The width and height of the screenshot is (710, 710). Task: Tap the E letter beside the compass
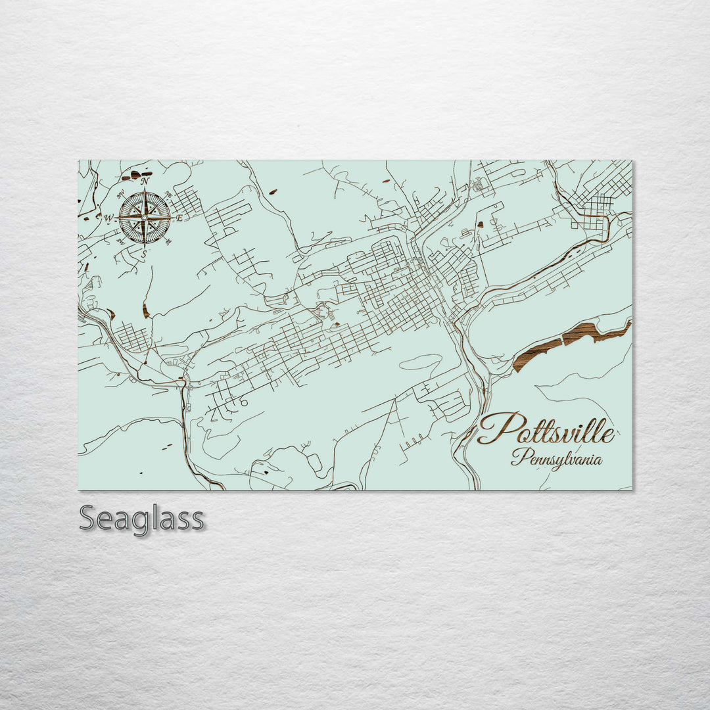(178, 217)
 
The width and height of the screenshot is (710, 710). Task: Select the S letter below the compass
(145, 253)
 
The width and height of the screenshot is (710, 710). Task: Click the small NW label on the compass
(120, 194)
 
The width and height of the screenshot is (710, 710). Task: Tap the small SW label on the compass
(120, 241)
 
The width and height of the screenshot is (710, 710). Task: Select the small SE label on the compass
(169, 242)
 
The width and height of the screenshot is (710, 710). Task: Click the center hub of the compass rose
(145, 217)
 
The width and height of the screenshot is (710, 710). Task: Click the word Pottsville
(546, 431)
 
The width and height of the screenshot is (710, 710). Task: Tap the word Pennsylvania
(556, 458)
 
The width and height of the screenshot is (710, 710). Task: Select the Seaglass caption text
(141, 519)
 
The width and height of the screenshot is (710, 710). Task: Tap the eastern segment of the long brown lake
(595, 331)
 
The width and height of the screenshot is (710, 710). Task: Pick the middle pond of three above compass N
(135, 174)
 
